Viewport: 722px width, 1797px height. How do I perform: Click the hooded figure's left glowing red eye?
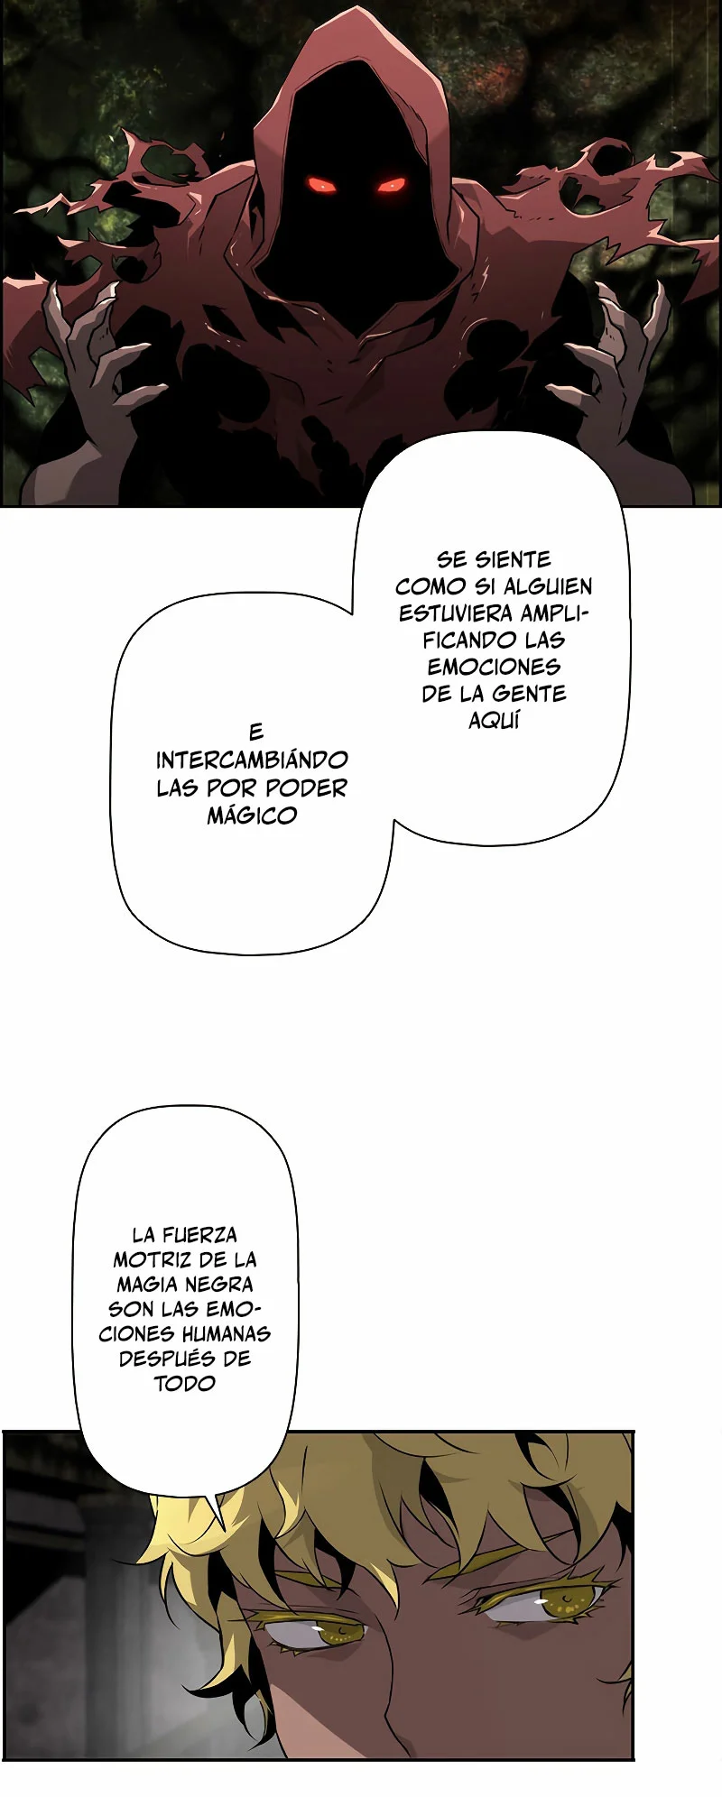(x=322, y=185)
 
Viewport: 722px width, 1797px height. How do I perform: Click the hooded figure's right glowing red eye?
(x=392, y=185)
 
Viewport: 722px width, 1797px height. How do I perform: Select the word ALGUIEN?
(x=548, y=586)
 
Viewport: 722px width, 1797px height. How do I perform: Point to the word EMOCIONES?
(x=494, y=667)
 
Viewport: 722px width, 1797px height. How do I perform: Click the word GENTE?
(x=530, y=694)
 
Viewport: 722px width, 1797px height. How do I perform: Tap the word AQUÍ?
(x=494, y=720)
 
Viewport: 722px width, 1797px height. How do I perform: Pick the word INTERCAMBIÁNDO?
(x=252, y=760)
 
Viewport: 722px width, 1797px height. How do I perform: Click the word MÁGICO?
(x=252, y=816)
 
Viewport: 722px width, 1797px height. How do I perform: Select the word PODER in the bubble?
(x=306, y=788)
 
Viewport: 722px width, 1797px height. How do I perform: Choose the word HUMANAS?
(x=226, y=1334)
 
